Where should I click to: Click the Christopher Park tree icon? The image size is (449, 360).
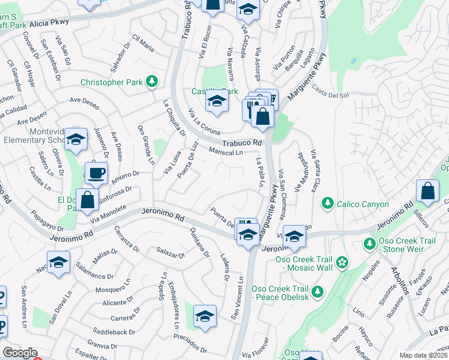tap(152, 81)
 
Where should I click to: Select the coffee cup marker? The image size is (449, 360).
tap(96, 175)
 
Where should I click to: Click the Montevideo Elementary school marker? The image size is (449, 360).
tap(76, 140)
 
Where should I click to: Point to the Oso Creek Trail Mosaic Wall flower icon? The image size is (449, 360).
tap(342, 261)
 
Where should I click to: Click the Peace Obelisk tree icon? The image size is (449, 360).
tap(316, 292)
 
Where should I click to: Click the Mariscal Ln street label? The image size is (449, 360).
tap(226, 152)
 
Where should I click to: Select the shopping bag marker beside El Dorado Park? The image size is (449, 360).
tap(88, 200)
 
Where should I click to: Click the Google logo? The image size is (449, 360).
tap(20, 353)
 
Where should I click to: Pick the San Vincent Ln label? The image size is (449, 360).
tap(237, 298)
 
